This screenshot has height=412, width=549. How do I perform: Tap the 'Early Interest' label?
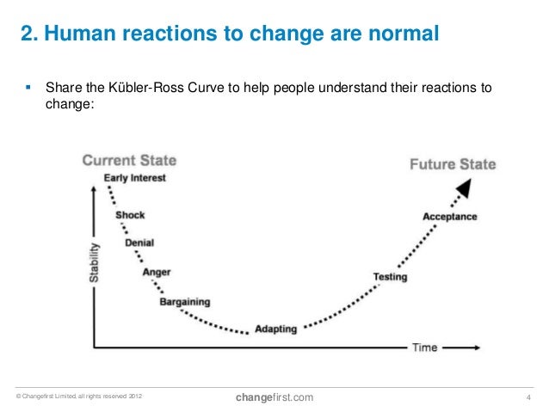pyautogui.click(x=134, y=178)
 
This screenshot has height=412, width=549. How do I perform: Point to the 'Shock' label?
pyautogui.click(x=130, y=215)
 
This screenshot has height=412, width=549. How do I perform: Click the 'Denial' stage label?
pyautogui.click(x=139, y=243)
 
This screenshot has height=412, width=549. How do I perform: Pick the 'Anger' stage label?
pyautogui.click(x=156, y=272)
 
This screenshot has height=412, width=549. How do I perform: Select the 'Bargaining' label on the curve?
pyautogui.click(x=184, y=302)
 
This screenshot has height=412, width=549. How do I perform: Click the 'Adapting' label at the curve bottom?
pyautogui.click(x=276, y=329)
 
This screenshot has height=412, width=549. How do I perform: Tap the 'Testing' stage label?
pyautogui.click(x=390, y=277)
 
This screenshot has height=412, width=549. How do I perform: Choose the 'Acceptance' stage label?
pyautogui.click(x=449, y=217)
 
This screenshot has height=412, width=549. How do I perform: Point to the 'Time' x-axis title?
pyautogui.click(x=425, y=347)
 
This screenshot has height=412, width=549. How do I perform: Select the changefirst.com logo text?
pyautogui.click(x=274, y=396)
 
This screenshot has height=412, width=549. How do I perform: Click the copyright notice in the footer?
pyautogui.click(x=75, y=397)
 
